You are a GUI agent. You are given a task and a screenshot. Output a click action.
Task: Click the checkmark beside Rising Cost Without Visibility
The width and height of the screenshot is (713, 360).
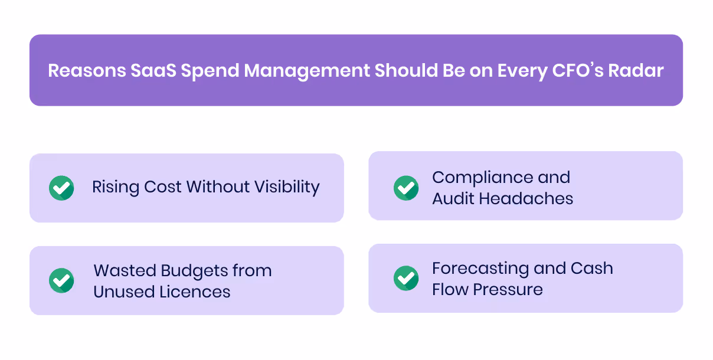tap(61, 188)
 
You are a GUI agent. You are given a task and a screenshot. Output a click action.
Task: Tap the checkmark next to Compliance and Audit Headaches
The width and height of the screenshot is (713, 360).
tap(406, 188)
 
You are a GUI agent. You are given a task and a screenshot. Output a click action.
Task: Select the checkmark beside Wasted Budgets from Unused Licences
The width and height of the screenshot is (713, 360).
tap(61, 280)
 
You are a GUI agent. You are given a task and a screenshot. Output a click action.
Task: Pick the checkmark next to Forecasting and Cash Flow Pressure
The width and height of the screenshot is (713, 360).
tap(406, 278)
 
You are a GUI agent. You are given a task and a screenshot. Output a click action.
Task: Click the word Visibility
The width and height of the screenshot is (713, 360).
tap(287, 188)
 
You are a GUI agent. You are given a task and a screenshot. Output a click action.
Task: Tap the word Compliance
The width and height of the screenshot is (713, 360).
tap(476, 178)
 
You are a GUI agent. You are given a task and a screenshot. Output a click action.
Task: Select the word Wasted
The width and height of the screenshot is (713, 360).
tap(122, 271)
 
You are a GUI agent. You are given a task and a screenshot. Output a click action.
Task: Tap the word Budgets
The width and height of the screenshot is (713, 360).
tap(194, 271)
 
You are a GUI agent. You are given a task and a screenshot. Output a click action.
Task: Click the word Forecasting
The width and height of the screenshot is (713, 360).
tap(479, 269)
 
